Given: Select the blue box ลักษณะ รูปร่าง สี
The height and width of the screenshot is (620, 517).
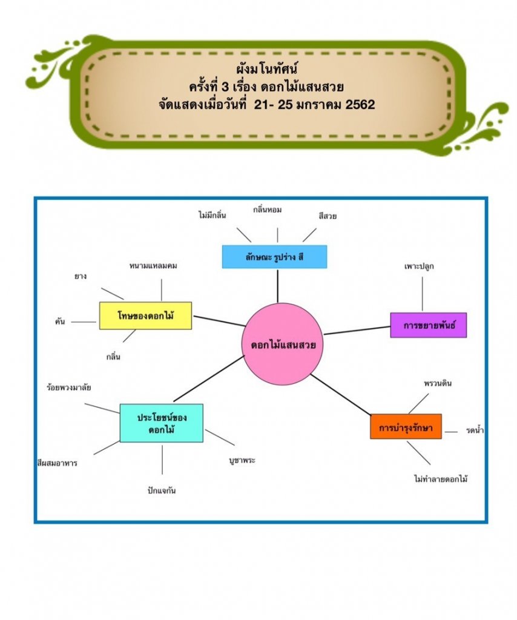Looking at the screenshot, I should pos(274,256).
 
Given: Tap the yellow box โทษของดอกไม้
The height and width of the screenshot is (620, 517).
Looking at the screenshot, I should pos(145,315).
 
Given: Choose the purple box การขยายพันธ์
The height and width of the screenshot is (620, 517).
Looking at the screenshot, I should pos(428,325).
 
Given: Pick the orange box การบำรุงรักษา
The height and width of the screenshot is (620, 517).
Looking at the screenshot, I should pos(406,426).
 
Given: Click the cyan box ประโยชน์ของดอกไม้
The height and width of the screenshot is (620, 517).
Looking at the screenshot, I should pos(161,423).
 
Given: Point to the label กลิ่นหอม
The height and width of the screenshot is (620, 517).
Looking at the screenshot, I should pos(268,209).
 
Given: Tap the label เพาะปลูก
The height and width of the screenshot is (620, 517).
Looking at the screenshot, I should pos(420,266).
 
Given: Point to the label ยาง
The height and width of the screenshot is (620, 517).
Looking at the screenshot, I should pos(81,276).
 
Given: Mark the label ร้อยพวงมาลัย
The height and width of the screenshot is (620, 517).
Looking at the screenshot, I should pos(68,387).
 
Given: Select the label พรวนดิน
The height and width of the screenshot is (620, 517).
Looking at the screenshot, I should pos(438,383).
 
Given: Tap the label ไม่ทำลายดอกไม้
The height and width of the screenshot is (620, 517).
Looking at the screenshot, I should pos(441,479).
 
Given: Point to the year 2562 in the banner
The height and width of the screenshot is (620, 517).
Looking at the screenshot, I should pos(359,104).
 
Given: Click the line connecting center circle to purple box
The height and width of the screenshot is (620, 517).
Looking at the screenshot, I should pos(357,330).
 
